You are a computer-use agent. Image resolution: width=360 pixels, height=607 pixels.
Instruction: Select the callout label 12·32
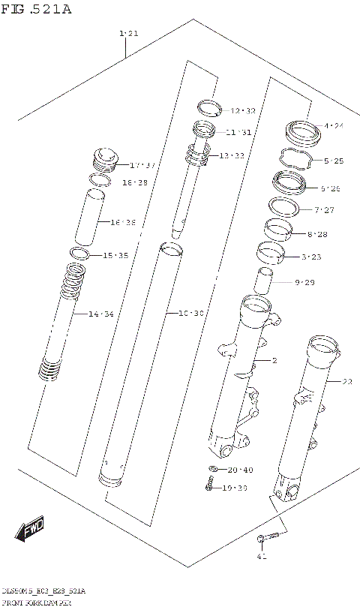242,111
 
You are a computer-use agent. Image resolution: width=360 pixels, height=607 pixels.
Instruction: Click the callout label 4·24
333,126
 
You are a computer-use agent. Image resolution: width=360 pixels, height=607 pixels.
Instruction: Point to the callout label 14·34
100,314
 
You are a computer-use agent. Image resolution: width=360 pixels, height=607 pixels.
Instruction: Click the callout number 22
346,382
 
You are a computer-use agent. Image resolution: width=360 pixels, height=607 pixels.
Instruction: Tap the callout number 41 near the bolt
262,556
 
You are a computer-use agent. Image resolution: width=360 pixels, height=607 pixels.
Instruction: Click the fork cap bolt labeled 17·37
106,160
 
